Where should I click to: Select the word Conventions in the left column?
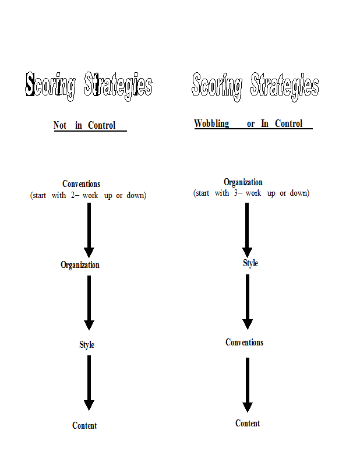(x=81, y=184)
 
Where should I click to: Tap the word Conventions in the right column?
(x=244, y=343)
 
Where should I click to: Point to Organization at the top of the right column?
(x=243, y=182)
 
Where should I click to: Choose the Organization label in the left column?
(x=80, y=265)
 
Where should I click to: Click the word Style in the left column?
(x=87, y=345)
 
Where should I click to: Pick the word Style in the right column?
(x=250, y=263)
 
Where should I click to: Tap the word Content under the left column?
(x=84, y=426)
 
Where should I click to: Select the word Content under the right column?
(x=248, y=423)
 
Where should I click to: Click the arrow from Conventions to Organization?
(x=89, y=230)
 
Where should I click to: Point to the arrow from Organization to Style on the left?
(x=89, y=303)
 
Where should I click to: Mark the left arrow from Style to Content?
(x=89, y=383)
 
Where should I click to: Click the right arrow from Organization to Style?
(x=247, y=230)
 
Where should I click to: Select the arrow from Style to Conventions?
(x=248, y=302)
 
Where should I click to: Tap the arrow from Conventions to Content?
(x=248, y=385)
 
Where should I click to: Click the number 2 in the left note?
(x=73, y=195)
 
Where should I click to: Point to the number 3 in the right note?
(x=236, y=193)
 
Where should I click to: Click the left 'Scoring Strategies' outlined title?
(x=89, y=86)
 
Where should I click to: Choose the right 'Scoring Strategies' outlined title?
(x=255, y=87)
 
